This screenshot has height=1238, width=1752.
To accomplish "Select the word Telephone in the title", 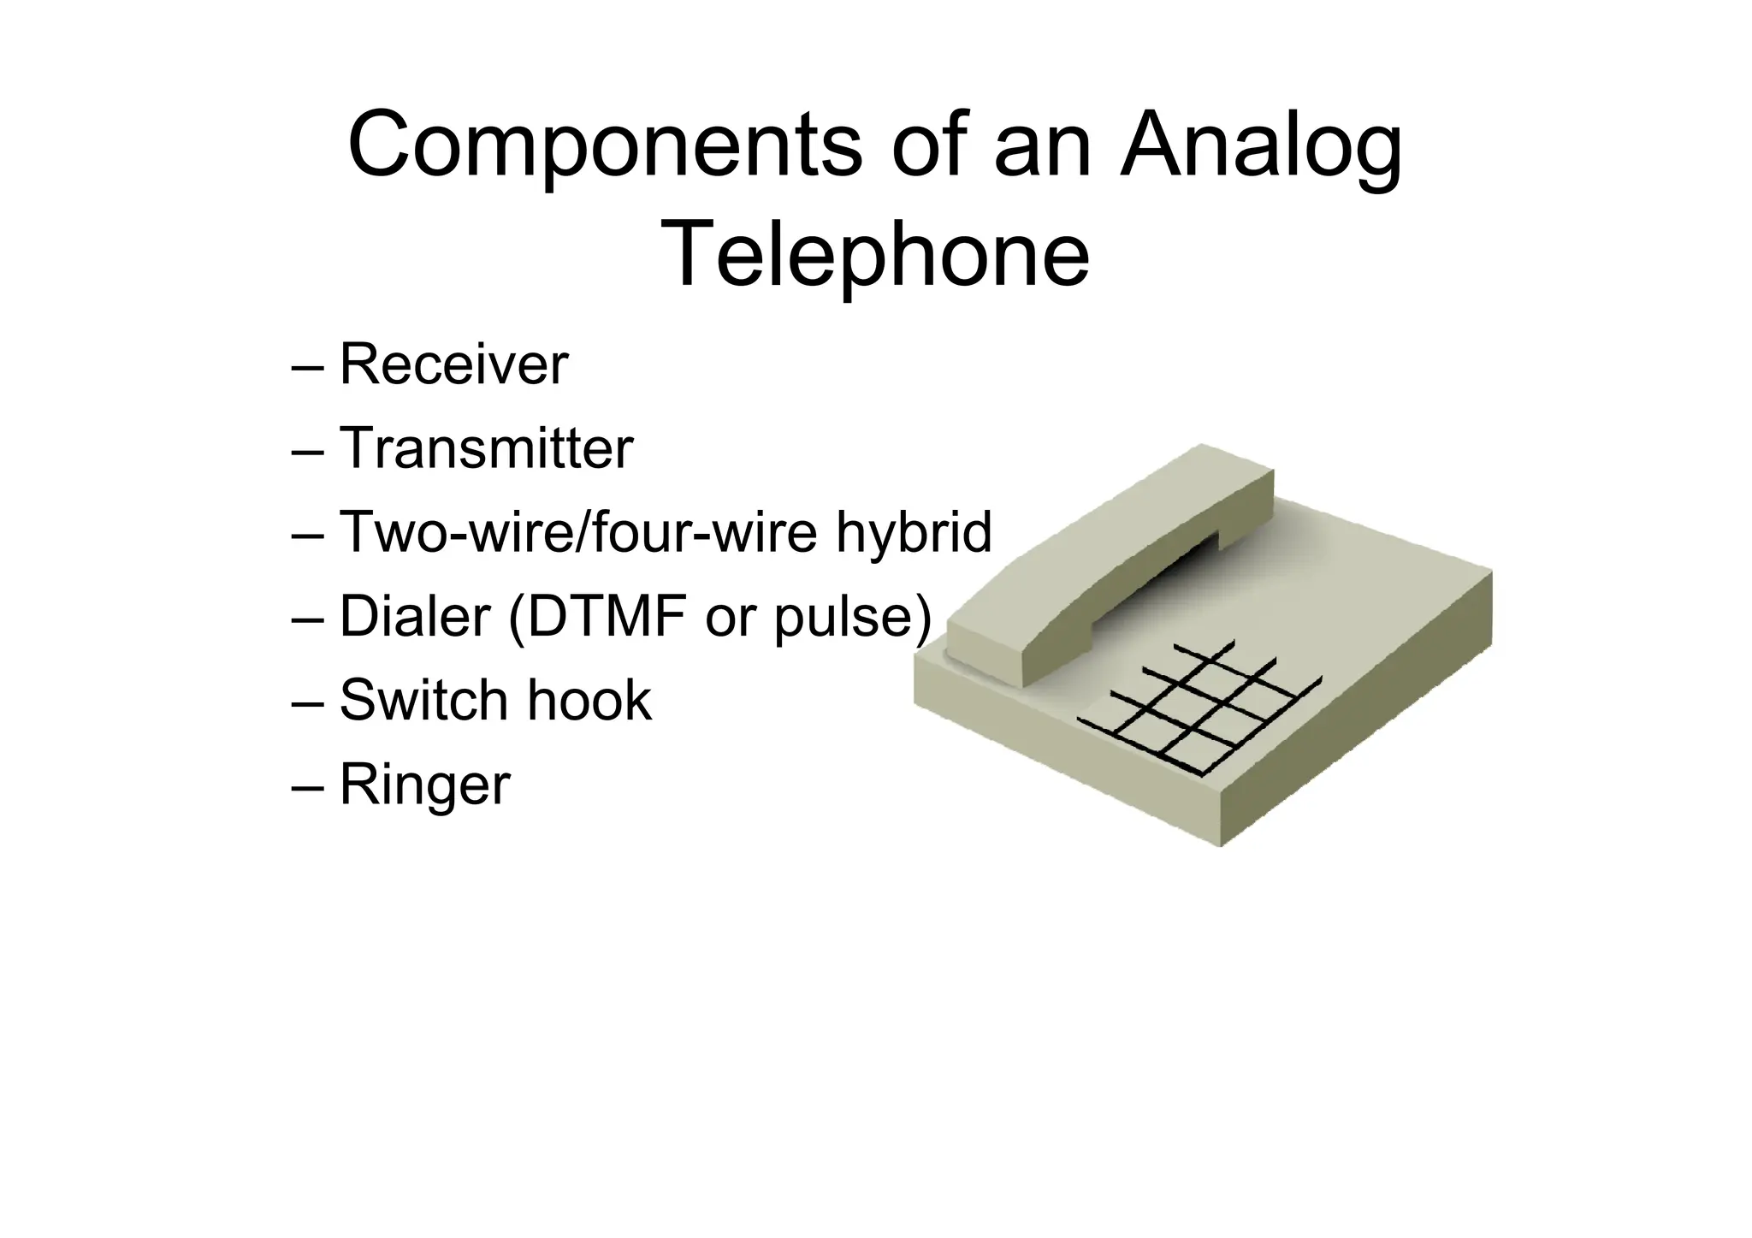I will (x=875, y=255).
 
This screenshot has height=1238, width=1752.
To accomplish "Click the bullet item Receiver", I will (x=453, y=364).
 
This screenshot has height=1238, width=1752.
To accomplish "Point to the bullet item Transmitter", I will (x=486, y=448).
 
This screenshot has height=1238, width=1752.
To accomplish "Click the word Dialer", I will (x=415, y=616).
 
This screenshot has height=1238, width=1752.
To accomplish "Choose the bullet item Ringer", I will (x=424, y=785).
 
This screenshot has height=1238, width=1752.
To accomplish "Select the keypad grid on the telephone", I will (x=1198, y=710).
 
